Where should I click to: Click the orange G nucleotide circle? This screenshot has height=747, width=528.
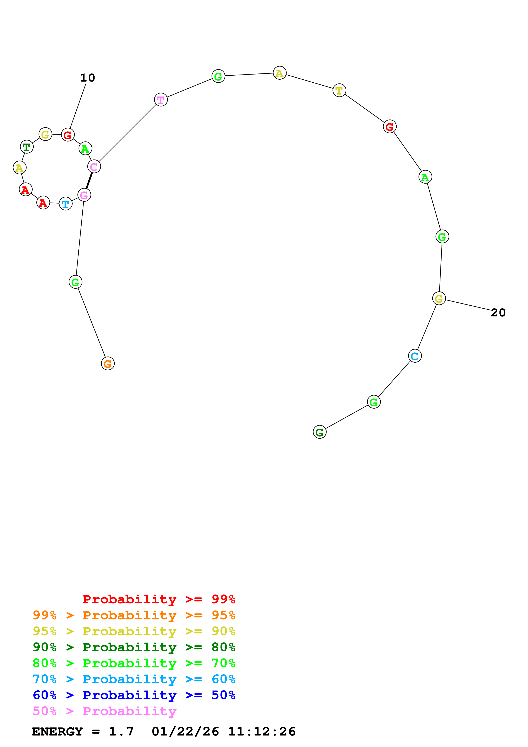(x=108, y=363)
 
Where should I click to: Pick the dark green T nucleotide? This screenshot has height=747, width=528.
(x=27, y=147)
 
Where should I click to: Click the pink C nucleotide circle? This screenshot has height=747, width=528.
(x=94, y=167)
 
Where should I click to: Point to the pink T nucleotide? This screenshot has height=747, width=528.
(x=161, y=100)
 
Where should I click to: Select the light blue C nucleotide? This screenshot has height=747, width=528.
(x=415, y=356)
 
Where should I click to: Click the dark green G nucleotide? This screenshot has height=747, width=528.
(x=319, y=432)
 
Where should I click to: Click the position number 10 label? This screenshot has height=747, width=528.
(x=88, y=78)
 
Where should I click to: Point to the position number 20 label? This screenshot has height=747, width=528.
(x=498, y=313)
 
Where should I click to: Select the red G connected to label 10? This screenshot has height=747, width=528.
(x=68, y=135)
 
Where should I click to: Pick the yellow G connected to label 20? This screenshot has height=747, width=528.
(x=439, y=298)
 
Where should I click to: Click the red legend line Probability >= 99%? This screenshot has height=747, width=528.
(x=159, y=599)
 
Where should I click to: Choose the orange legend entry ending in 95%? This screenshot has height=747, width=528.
(x=134, y=615)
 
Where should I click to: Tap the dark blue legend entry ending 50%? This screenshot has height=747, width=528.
(x=134, y=695)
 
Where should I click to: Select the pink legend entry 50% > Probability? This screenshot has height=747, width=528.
(x=104, y=711)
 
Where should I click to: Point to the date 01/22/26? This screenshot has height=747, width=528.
(x=185, y=732)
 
